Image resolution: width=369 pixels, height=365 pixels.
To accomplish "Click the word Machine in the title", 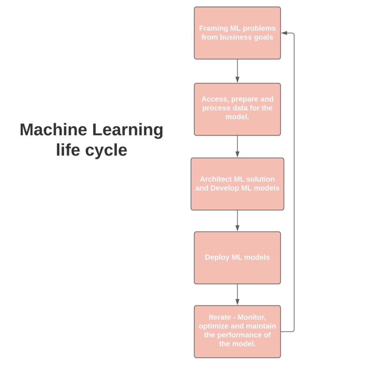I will [53, 130].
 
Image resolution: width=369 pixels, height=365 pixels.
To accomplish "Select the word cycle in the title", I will [106, 151].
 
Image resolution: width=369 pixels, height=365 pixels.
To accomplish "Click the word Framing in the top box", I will [212, 28].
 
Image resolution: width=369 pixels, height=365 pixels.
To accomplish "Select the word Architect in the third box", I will [214, 179].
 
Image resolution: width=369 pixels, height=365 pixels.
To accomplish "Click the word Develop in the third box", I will [225, 188].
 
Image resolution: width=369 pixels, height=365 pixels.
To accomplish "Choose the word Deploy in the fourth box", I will [217, 257].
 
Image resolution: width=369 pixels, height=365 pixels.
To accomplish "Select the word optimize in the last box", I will [218, 326].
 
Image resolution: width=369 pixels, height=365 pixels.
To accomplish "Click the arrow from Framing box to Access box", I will [237, 71].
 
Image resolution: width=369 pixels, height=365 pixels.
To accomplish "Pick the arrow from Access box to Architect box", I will [237, 147].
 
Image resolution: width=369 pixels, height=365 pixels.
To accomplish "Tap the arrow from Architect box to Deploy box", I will [237, 221].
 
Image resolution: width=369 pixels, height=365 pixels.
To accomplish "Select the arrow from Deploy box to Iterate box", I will [237, 295].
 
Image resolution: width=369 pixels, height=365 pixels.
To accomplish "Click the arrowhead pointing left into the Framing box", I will [284, 33].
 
